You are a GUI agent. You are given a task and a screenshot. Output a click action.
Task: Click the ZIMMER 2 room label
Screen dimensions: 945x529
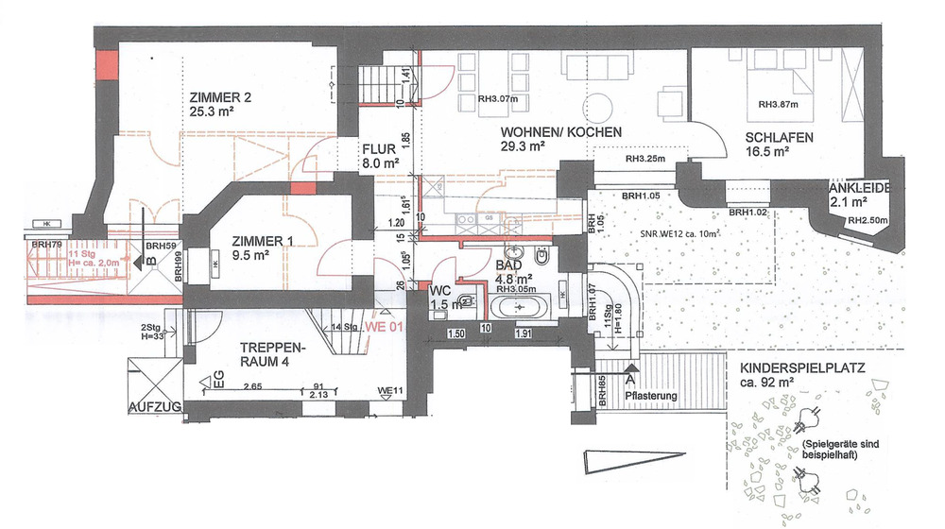220,96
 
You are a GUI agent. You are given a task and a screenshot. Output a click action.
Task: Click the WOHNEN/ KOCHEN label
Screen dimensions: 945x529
560,133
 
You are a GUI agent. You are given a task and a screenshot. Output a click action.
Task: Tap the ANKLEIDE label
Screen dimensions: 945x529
861,188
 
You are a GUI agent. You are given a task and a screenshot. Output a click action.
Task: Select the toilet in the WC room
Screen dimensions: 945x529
464,301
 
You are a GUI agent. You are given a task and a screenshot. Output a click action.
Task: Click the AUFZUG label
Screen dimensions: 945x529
154,408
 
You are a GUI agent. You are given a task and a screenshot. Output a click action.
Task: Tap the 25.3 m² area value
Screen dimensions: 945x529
212,111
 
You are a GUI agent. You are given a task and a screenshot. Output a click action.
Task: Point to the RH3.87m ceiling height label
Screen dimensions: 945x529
779,104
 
